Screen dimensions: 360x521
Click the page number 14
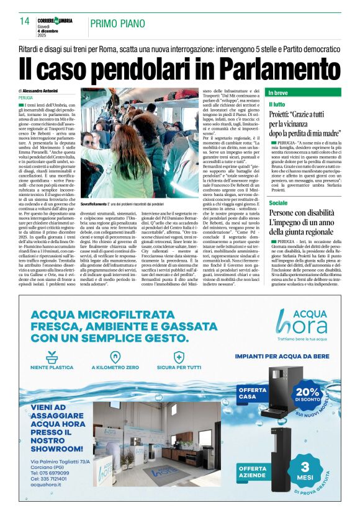click(25, 21)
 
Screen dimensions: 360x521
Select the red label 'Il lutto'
click(277, 104)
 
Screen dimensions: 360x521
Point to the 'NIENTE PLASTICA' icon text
click(53, 368)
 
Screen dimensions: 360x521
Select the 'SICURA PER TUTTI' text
click(179, 368)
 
